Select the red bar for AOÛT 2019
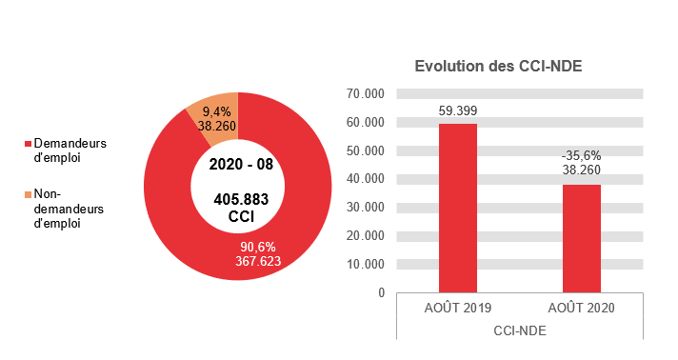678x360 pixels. [x=457, y=208]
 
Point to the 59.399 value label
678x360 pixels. [x=457, y=110]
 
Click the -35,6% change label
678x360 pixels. [x=581, y=155]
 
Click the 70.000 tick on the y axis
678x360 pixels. [x=366, y=94]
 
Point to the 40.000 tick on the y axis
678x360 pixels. [x=366, y=179]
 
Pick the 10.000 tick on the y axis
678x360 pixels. [x=366, y=264]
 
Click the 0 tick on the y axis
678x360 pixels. [x=380, y=292]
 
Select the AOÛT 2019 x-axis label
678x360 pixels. [x=457, y=309]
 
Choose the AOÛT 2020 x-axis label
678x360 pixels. [x=581, y=309]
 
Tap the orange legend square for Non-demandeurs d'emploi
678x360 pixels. [x=27, y=193]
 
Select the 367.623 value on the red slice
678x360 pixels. [x=258, y=260]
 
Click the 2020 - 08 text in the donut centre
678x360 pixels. [x=241, y=164]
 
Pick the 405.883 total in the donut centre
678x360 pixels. [x=241, y=200]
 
